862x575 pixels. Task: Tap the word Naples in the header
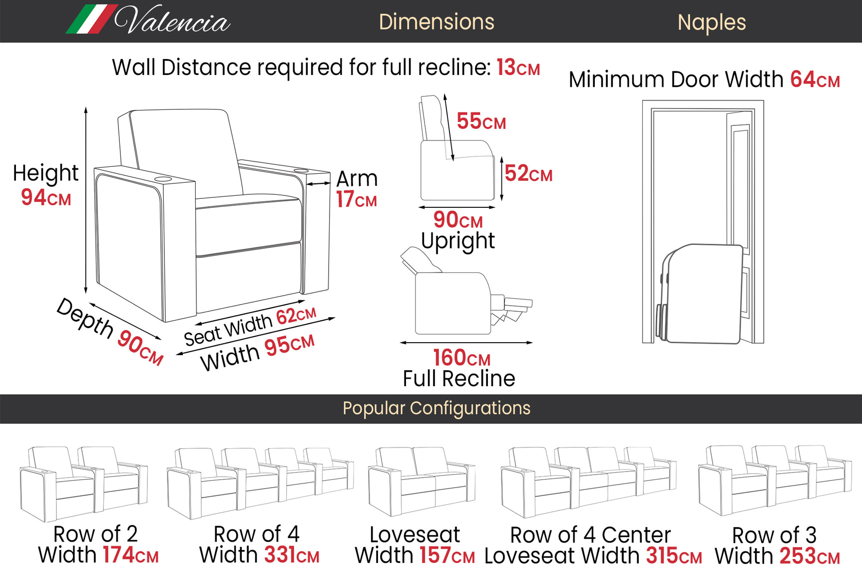coord(711,22)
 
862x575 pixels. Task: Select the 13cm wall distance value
coord(517,67)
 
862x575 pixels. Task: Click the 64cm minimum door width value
coord(814,79)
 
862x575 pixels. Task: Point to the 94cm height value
coord(45,197)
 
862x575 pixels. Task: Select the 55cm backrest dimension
coord(480,121)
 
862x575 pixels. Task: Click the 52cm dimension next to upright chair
coord(528,173)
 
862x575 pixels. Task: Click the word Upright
coord(457,241)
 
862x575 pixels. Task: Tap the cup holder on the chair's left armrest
coord(163,179)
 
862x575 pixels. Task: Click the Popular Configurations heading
coord(436,408)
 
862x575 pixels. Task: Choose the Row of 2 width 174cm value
coord(130,555)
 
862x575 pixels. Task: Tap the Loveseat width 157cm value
coord(446,556)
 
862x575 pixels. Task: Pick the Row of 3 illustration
coord(774,480)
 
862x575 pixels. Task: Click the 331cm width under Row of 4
coord(291,555)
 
